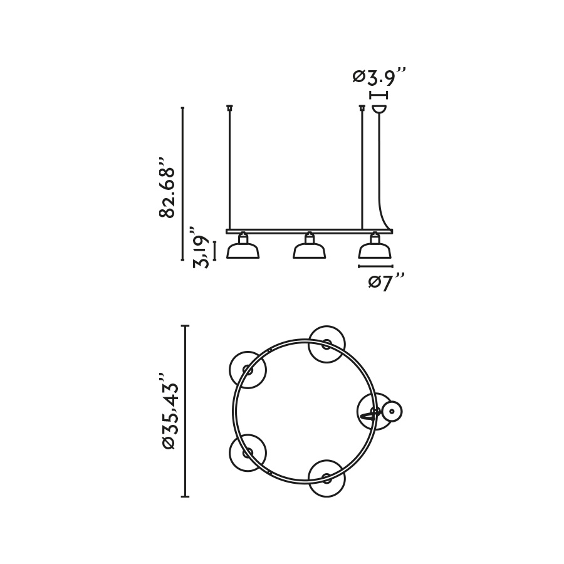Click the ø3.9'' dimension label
379,76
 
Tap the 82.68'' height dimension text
167,187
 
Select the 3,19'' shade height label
201,247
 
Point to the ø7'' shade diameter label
387,281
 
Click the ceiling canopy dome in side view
379,109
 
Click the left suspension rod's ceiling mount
229,107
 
